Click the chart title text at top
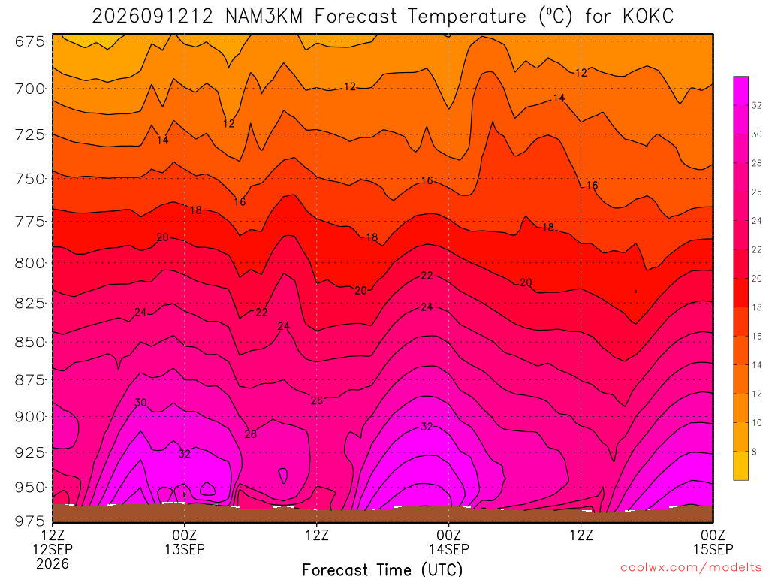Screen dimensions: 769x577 383,17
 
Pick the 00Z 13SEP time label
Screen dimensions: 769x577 185,542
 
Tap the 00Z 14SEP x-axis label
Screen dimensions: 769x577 449,542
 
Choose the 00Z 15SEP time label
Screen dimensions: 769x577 713,542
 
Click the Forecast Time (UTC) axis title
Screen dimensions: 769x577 382,569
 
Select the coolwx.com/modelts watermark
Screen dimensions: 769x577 691,568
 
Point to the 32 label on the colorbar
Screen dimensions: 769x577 757,105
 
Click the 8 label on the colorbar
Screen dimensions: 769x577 754,452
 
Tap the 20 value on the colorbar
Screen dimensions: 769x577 757,279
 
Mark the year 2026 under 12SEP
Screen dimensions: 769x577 53,563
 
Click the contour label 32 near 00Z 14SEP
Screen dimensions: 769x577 427,427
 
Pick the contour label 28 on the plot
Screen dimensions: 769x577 251,434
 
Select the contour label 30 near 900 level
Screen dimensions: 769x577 140,403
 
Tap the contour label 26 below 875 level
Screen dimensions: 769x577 317,400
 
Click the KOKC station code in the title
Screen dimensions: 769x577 648,17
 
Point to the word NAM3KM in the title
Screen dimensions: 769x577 264,17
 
